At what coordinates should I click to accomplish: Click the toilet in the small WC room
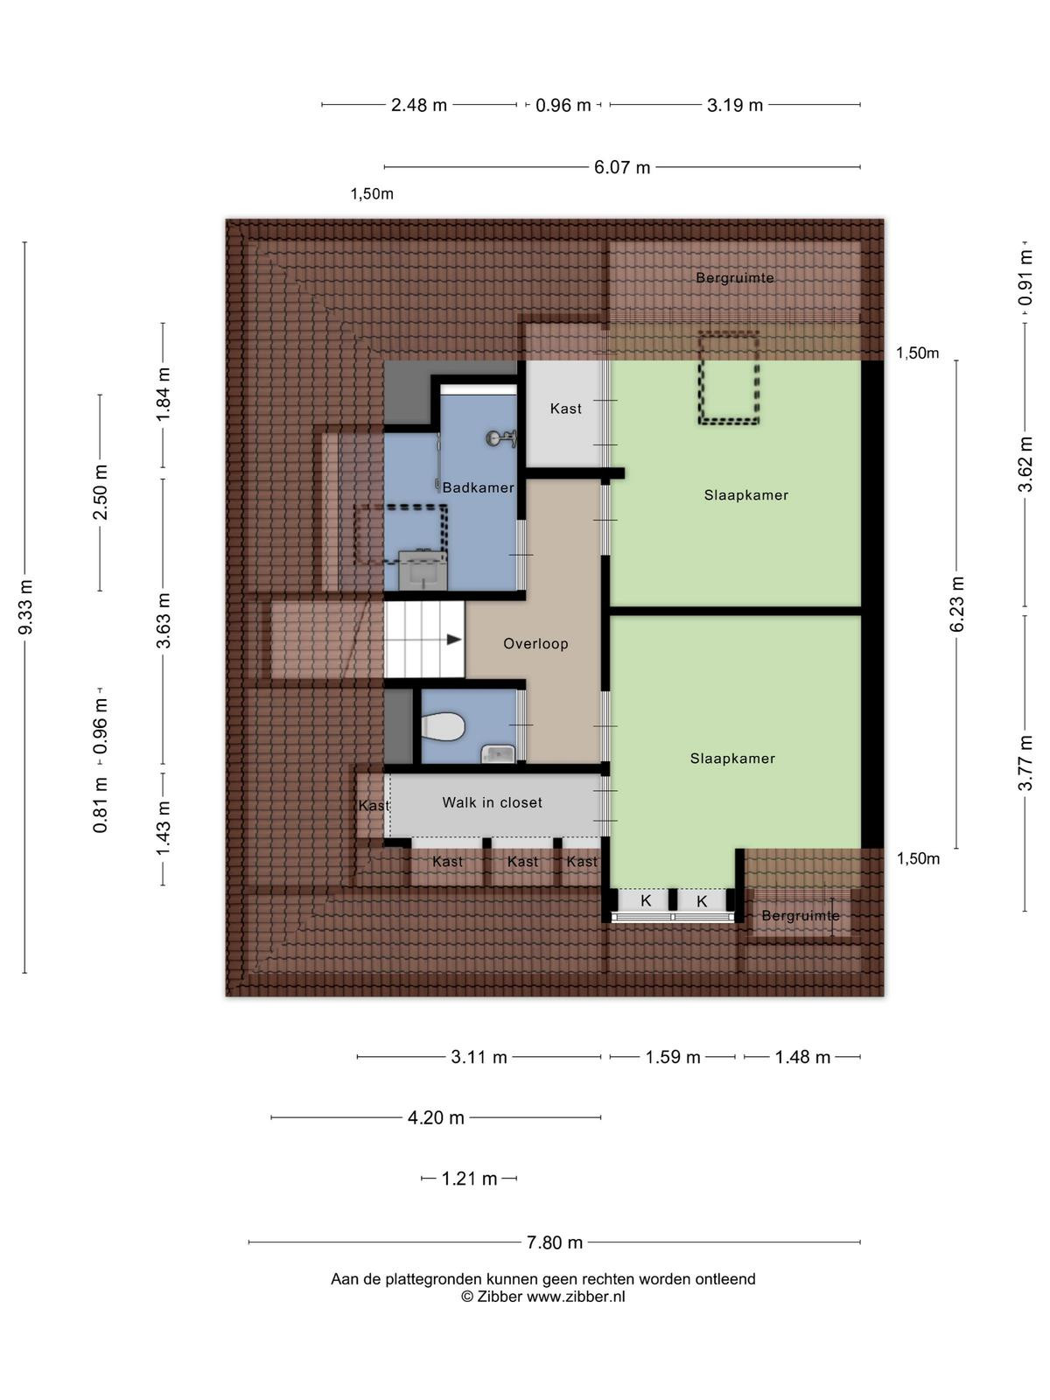point(443,726)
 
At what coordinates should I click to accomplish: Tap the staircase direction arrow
point(454,639)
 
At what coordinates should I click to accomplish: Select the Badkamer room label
point(478,488)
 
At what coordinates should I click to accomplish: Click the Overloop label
point(535,643)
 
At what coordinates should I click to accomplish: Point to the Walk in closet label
point(492,802)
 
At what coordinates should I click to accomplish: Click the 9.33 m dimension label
point(26,607)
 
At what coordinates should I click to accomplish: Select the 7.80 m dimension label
point(555,1242)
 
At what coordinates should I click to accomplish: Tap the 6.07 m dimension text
point(622,167)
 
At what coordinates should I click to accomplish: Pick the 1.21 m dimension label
point(469,1179)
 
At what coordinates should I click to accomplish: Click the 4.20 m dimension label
point(436,1117)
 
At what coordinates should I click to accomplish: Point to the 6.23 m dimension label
point(957,604)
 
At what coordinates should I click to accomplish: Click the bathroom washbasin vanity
point(423,570)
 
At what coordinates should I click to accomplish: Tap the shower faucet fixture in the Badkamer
point(501,439)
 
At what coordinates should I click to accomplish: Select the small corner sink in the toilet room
point(499,754)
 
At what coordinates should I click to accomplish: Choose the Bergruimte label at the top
point(735,278)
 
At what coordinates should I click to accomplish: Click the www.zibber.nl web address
point(576,1296)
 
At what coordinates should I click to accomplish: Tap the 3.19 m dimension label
point(735,105)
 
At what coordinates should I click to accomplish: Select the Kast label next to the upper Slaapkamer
point(566,409)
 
